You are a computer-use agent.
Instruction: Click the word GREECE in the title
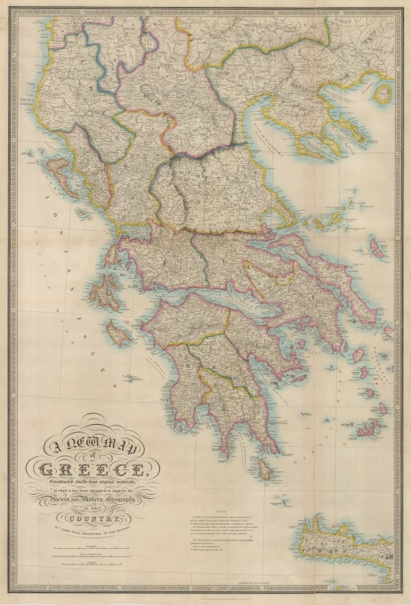tap(92, 470)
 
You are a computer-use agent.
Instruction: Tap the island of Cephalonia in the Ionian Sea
tap(103, 291)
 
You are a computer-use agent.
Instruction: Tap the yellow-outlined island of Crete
tap(349, 541)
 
